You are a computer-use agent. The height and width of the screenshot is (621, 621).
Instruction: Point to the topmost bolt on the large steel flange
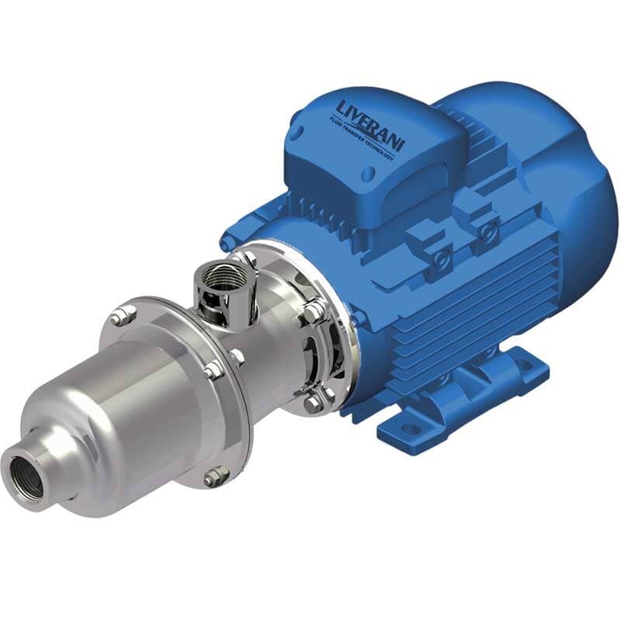[x=120, y=316]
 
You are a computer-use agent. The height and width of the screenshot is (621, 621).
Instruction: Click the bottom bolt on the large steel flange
[x=215, y=477]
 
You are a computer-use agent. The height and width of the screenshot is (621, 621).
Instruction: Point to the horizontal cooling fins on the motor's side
[x=435, y=326]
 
